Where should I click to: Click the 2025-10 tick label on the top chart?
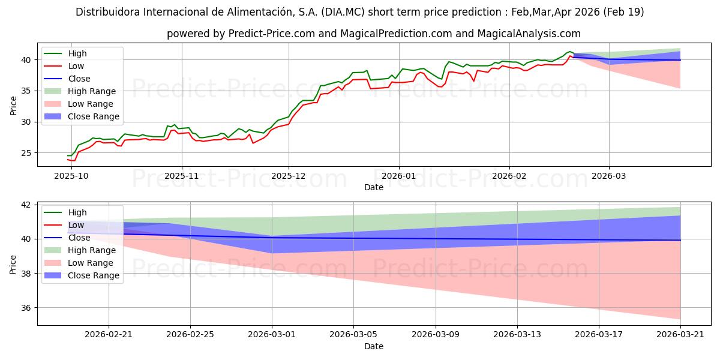71,176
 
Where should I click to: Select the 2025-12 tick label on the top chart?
289,176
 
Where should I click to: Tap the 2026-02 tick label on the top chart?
509,176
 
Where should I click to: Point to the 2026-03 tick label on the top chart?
609,176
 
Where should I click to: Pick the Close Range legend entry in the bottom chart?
94,275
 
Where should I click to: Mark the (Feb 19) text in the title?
624,12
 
